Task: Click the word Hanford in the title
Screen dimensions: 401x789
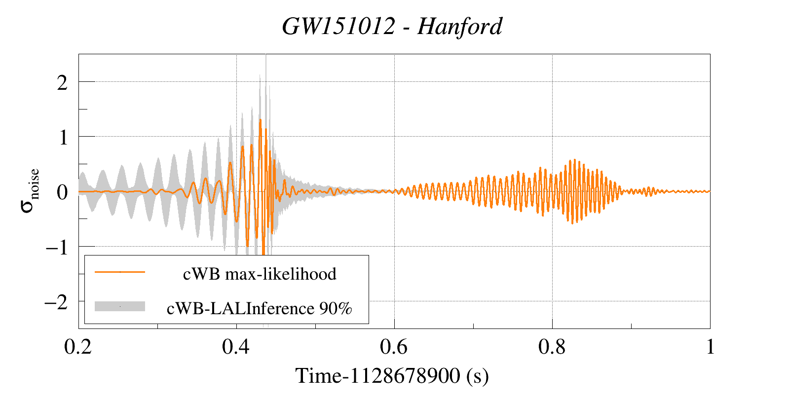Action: click(459, 27)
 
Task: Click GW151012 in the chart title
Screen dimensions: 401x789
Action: click(338, 27)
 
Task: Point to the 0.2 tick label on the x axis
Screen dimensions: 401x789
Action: click(78, 347)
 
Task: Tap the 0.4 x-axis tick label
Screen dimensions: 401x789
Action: click(236, 347)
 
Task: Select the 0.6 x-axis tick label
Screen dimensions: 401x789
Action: click(394, 347)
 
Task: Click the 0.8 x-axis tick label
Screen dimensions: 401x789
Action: click(552, 347)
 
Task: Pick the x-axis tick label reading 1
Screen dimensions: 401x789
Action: click(710, 347)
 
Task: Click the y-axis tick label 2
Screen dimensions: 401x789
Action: click(62, 82)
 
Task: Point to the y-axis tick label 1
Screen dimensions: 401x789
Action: click(63, 137)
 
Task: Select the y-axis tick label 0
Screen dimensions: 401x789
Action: click(62, 192)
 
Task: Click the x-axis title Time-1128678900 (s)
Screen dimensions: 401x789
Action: click(392, 376)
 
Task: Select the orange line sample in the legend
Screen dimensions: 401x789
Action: click(120, 272)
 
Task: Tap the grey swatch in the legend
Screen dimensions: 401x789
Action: click(120, 306)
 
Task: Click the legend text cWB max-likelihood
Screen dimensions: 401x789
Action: click(260, 274)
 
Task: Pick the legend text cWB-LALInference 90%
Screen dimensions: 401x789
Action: click(260, 308)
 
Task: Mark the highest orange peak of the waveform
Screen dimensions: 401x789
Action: click(260, 120)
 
